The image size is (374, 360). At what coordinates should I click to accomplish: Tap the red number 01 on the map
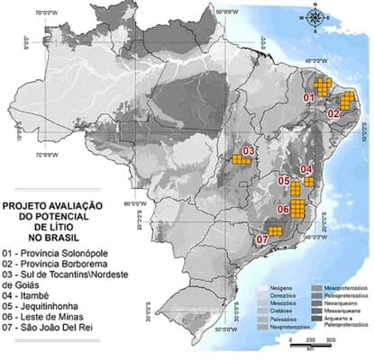coord(306,95)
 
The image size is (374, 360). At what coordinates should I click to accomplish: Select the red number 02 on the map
coord(333,113)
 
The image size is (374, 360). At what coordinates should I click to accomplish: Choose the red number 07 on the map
coord(262,239)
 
